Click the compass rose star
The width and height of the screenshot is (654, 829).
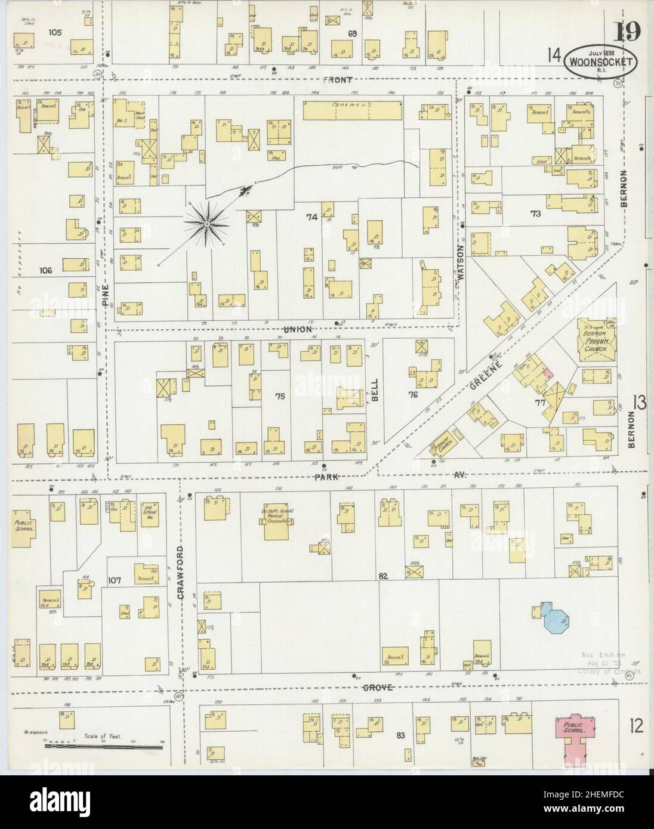(206, 224)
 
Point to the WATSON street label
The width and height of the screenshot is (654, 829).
(460, 261)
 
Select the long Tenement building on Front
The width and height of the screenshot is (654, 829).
(352, 110)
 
